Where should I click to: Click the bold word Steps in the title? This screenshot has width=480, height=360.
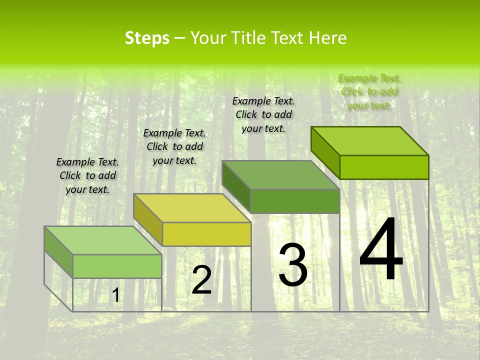click(x=147, y=38)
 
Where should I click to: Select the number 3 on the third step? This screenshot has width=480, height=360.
click(x=293, y=264)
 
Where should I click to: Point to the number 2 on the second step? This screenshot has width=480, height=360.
click(x=201, y=280)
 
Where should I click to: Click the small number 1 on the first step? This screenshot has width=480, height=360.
click(x=116, y=295)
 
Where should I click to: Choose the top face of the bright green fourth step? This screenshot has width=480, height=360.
click(x=370, y=141)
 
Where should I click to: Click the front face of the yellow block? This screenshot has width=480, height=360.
click(x=206, y=234)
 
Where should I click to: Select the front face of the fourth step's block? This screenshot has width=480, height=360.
click(x=384, y=167)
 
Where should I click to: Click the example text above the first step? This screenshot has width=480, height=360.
click(x=87, y=175)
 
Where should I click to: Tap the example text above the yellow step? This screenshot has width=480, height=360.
click(x=174, y=146)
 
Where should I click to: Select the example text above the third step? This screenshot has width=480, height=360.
click(x=263, y=114)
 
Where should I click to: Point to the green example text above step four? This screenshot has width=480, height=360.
click(x=369, y=91)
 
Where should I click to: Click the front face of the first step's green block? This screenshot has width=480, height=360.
click(x=117, y=266)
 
